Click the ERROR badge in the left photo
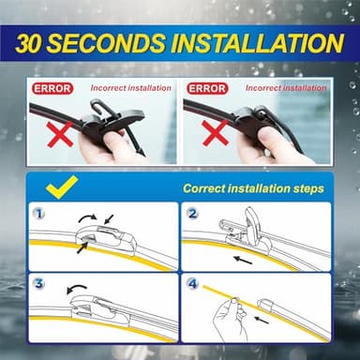point(52,88)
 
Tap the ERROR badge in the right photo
point(205,88)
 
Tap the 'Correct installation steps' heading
point(253,188)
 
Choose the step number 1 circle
point(38,213)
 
